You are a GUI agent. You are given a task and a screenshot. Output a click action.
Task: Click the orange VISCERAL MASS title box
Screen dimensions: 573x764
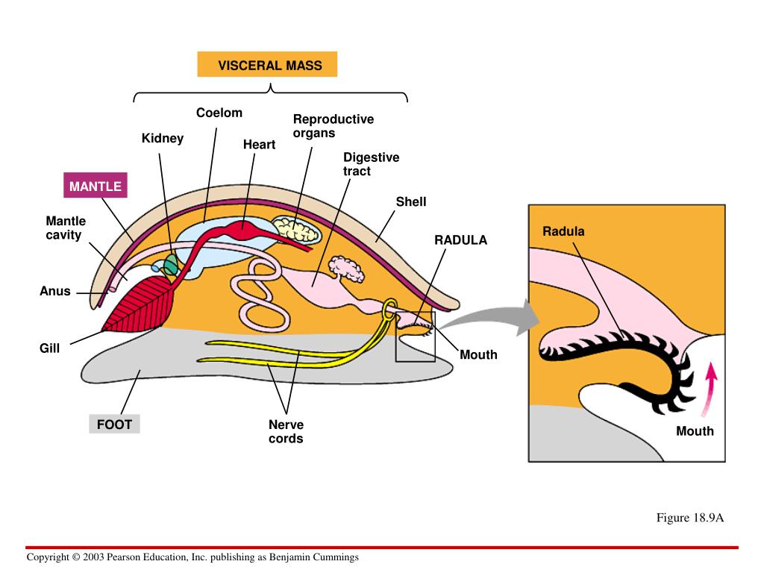click(267, 65)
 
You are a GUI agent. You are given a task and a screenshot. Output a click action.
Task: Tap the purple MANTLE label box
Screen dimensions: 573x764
click(95, 186)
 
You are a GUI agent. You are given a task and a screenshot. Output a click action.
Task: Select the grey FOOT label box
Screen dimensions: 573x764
click(114, 425)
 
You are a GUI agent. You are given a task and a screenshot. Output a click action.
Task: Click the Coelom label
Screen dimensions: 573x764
click(219, 113)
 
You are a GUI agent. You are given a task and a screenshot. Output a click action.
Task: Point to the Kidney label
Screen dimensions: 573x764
click(163, 138)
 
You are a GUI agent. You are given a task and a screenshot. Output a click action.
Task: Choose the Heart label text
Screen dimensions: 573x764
click(259, 145)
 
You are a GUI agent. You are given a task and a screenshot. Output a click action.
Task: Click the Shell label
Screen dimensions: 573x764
click(411, 202)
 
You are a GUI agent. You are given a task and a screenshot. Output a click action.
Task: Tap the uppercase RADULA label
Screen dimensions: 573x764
click(460, 240)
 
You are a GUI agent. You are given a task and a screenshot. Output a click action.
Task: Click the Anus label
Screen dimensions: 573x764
click(55, 291)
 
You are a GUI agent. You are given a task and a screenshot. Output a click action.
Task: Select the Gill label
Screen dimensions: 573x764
click(49, 348)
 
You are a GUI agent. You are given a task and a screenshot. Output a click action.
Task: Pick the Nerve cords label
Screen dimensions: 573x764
click(286, 431)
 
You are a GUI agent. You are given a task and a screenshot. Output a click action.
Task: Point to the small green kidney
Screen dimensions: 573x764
click(172, 264)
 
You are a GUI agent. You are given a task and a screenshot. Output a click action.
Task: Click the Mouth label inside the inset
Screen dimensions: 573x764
click(695, 431)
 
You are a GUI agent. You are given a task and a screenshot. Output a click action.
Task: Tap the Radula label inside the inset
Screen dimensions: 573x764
click(563, 231)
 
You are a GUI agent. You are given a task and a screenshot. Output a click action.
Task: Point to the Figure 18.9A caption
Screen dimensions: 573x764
click(690, 518)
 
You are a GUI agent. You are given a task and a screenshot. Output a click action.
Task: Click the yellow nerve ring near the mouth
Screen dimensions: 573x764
click(389, 310)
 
